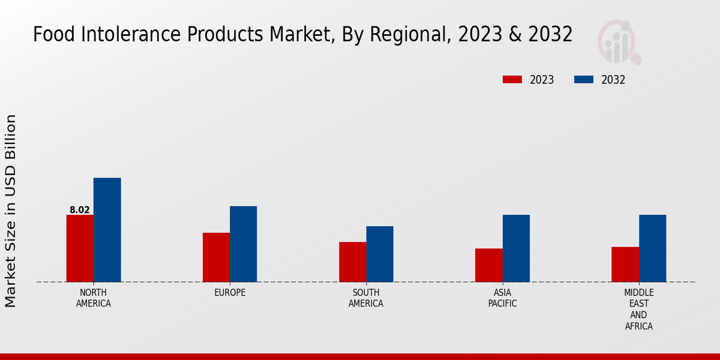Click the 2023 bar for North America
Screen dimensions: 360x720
coord(80,248)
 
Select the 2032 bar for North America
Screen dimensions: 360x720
coord(107,230)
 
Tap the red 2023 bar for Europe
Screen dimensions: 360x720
coord(216,257)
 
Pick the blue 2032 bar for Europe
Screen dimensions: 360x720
coord(243,244)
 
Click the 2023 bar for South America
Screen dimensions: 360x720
coord(352,262)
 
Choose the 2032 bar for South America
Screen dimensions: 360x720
coord(380,254)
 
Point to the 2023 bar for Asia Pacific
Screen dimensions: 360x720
coord(488,265)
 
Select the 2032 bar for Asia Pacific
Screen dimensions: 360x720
coord(516,248)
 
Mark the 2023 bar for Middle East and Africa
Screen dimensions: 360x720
coord(625,265)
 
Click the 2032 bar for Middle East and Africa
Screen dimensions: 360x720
coord(652,248)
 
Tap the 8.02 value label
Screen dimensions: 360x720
coord(80,210)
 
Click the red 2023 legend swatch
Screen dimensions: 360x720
coord(512,80)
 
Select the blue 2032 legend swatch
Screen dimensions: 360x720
coord(584,80)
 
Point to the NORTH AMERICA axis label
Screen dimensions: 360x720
coord(94,298)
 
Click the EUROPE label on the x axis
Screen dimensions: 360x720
coord(230,293)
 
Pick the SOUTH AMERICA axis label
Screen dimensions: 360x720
coord(366,298)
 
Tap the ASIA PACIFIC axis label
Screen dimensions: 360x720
coord(502,298)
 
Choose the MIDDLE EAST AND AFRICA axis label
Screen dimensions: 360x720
coord(638,310)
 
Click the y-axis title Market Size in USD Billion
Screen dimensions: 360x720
coord(11,211)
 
